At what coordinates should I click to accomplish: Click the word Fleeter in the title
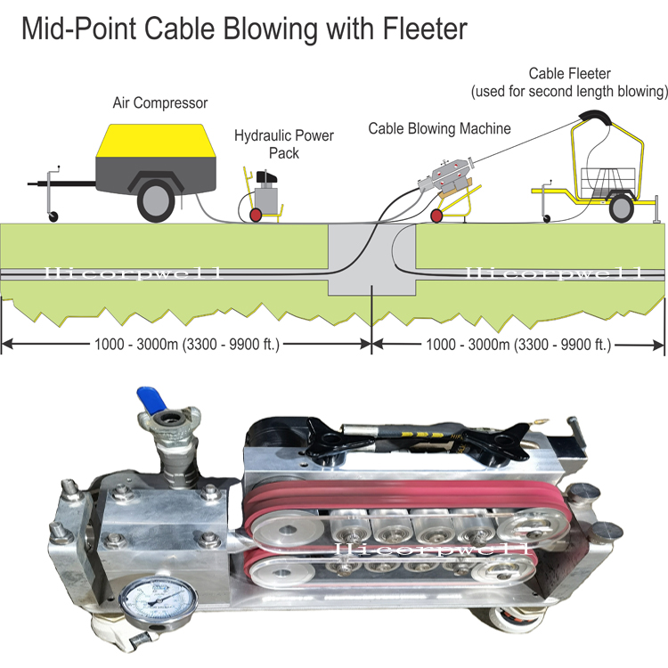(425, 29)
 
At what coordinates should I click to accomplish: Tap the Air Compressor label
(160, 103)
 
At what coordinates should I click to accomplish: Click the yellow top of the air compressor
(157, 141)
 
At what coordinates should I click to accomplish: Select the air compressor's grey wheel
(156, 202)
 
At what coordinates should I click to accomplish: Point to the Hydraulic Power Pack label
(284, 144)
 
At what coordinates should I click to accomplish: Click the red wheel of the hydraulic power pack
(256, 216)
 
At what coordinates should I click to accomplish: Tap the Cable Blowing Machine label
(439, 128)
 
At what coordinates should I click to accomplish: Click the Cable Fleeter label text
(570, 82)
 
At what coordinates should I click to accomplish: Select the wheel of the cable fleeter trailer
(621, 208)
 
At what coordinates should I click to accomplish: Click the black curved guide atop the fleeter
(595, 117)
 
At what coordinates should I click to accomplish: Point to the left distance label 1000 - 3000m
(187, 344)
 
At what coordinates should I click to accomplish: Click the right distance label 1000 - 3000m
(518, 344)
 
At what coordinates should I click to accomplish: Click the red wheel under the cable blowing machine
(436, 216)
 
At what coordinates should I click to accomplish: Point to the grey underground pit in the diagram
(371, 260)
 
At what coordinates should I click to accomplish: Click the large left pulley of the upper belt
(288, 531)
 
